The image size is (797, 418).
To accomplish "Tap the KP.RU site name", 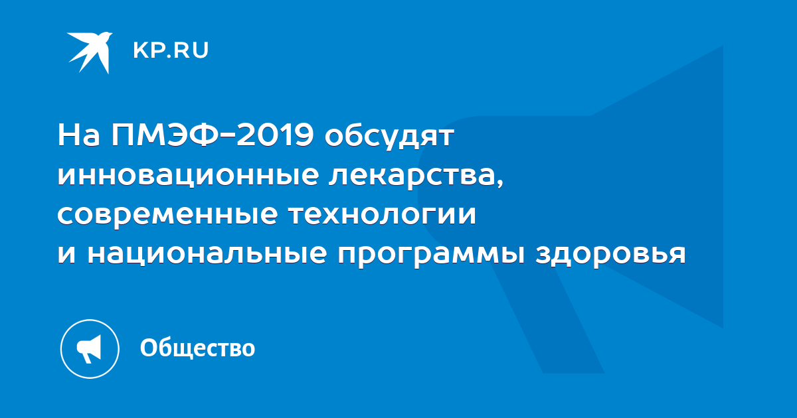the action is (171, 50).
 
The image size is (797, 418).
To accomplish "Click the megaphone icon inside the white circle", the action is (89, 349).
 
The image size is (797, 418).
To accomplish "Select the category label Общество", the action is (197, 348).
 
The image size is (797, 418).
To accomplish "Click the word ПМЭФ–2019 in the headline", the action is (213, 135).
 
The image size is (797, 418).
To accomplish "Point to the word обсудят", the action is (389, 137).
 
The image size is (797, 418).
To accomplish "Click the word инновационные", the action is (188, 175).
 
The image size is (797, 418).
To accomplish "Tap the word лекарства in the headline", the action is (412, 176).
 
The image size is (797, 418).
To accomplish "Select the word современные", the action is (167, 216).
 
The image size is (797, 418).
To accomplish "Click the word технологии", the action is (382, 216).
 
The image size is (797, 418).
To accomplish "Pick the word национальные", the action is (207, 253).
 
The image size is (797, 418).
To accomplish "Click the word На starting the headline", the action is (78, 135).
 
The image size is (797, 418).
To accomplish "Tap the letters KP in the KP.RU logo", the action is (148, 50).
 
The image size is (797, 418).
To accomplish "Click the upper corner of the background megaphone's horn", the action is (723, 46).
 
